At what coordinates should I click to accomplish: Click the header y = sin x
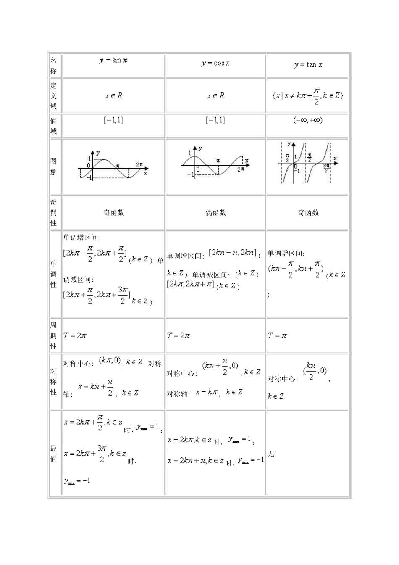point(113,60)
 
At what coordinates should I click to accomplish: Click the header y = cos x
point(215,63)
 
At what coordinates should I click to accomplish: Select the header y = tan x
point(308,65)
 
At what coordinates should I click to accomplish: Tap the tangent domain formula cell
point(308,96)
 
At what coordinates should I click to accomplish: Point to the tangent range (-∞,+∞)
point(308,120)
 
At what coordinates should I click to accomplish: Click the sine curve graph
point(113,166)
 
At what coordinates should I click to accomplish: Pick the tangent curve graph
point(308,163)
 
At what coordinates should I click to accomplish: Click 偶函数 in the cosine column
point(215,213)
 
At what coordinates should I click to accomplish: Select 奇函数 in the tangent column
point(308,213)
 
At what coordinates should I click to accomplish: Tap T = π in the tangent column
point(278,335)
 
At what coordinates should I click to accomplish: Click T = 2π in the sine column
point(75,335)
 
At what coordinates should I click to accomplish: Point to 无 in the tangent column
point(271,454)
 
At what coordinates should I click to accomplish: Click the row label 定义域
point(53,96)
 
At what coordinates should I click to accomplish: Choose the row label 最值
point(53,454)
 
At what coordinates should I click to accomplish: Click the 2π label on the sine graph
point(139,164)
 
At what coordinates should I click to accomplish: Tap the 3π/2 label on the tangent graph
point(327,167)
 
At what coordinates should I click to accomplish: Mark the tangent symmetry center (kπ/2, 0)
point(315,371)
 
